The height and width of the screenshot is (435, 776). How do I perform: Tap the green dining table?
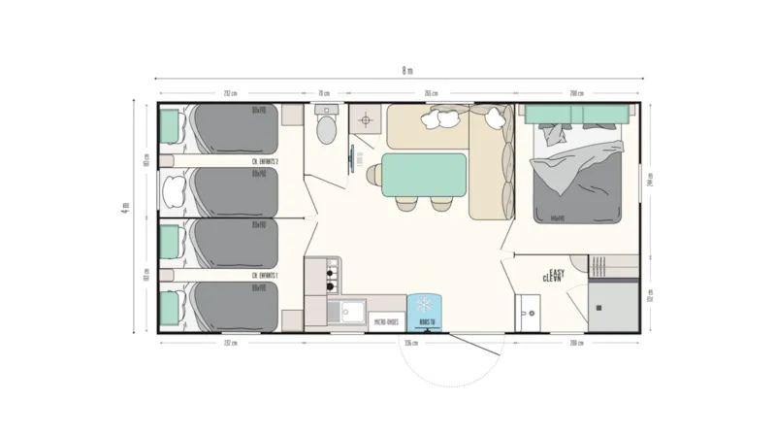click(424, 174)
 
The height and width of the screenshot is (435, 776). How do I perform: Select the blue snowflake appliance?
click(424, 311)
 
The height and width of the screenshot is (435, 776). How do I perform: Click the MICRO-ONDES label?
click(387, 321)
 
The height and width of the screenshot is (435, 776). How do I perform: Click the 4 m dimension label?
click(127, 215)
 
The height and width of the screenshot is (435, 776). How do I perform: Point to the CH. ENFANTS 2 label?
click(265, 161)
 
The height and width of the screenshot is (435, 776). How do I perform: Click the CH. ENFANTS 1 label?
click(265, 276)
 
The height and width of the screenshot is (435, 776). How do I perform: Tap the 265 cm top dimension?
click(431, 93)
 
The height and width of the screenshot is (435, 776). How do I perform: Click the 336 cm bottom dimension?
click(410, 343)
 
